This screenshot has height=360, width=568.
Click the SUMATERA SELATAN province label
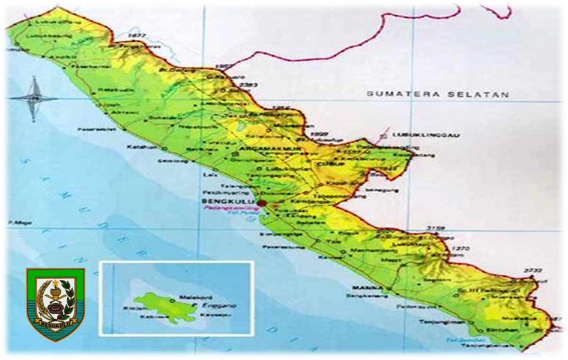(438, 94)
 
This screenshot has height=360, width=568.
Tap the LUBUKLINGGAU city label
(425, 135)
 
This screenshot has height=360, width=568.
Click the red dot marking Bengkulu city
(261, 203)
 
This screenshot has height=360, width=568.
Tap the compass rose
(35, 99)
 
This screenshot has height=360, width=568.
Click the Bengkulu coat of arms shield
(55, 304)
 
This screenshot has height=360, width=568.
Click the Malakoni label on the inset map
(190, 297)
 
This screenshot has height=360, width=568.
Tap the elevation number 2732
(533, 271)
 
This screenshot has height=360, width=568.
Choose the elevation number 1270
(460, 249)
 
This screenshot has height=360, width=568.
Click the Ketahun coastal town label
(136, 147)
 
